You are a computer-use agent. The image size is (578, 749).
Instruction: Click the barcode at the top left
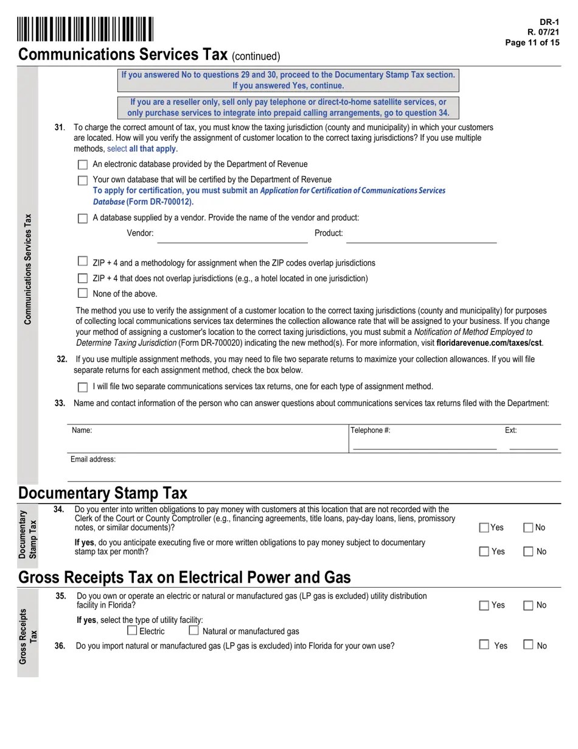pos(85,29)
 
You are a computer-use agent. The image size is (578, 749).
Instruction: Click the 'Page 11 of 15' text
pos(532,43)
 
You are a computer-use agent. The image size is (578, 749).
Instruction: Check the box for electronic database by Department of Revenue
pos(83,164)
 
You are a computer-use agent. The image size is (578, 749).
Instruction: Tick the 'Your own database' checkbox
pos(83,180)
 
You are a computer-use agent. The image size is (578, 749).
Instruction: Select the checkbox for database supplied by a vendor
pos(83,218)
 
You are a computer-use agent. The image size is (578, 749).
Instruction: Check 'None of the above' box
pos(83,294)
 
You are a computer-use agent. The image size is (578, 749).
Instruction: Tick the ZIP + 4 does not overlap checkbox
pos(83,278)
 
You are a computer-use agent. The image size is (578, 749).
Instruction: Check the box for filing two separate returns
pos(83,387)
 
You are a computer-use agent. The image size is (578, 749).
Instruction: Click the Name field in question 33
pos(207,440)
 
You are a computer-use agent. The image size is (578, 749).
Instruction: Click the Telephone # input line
pos(425,443)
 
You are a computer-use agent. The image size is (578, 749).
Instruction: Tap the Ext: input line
pos(533,443)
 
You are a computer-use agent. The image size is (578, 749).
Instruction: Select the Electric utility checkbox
pos(132,631)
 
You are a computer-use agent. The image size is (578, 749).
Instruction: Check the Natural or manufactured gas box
pos(193,631)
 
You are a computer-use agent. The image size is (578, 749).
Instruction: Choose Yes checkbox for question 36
pos(484,644)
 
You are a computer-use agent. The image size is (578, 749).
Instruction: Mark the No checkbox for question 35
pos(528,605)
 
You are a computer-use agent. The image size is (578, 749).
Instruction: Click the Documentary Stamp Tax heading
pos(103,493)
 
